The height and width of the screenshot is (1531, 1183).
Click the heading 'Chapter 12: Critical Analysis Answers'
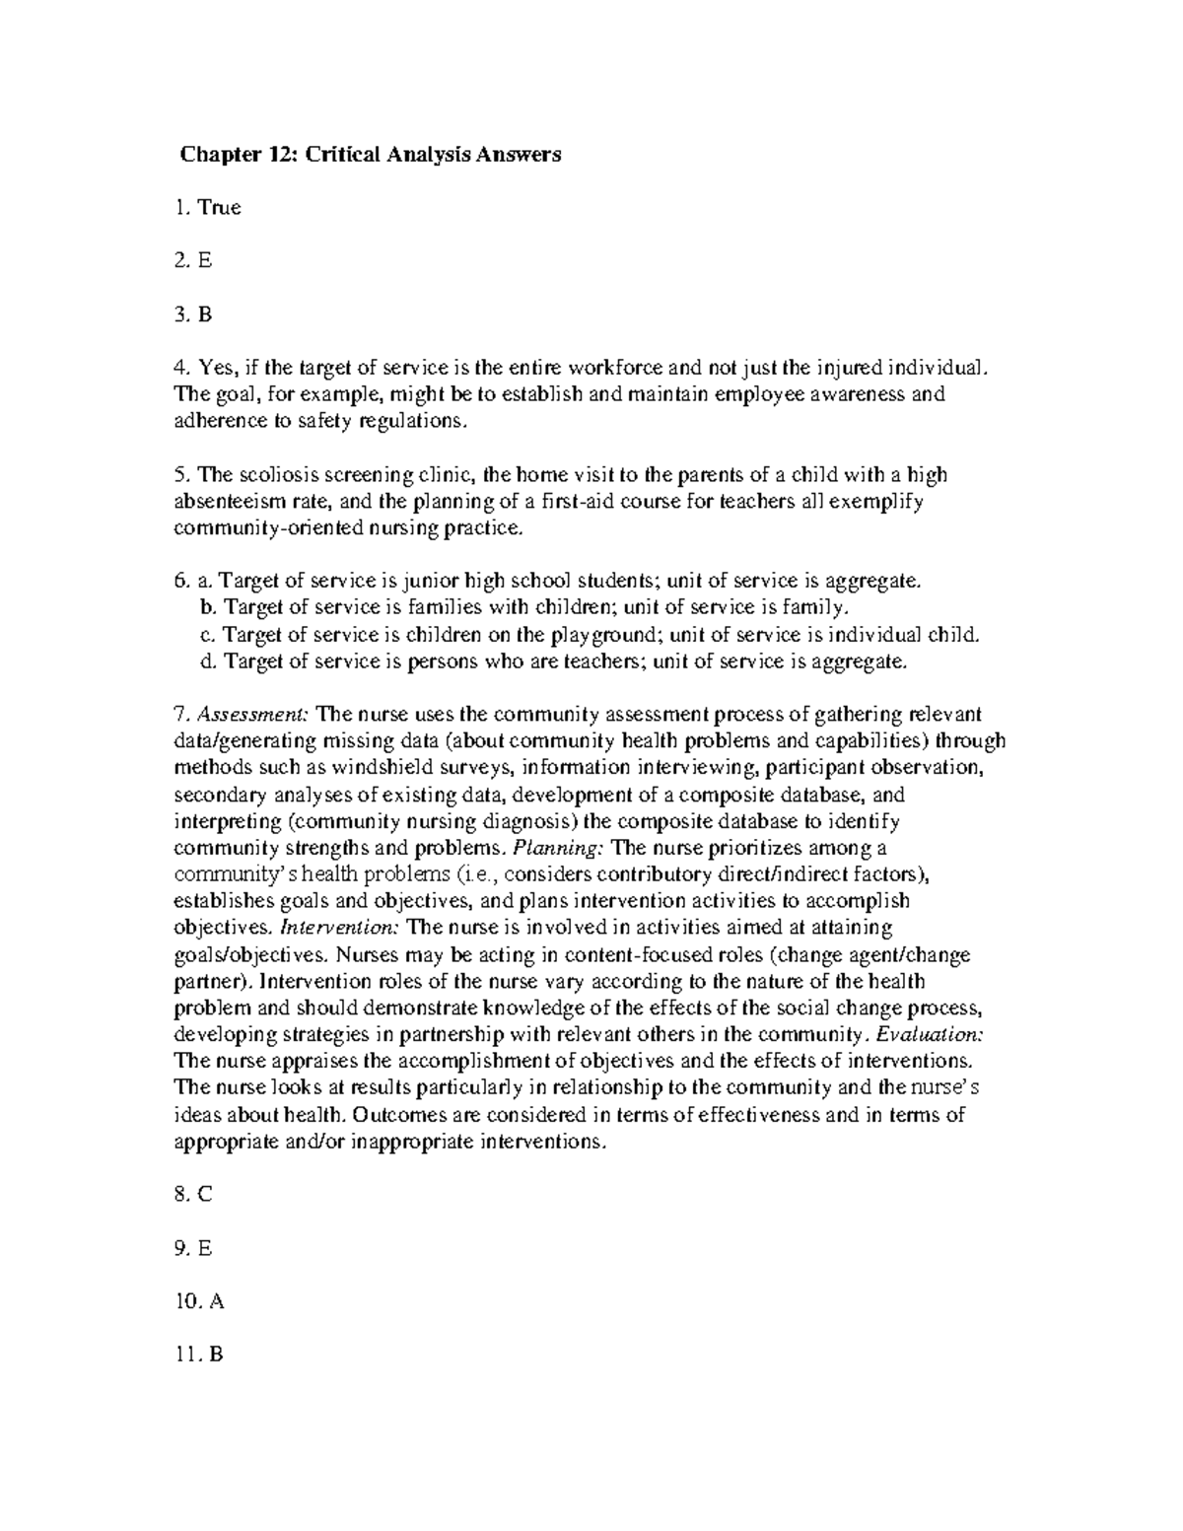point(370,155)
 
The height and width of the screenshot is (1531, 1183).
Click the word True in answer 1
point(219,208)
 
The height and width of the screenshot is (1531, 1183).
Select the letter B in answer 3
point(205,314)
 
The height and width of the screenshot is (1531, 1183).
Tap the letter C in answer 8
point(205,1195)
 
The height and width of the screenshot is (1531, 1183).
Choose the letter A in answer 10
point(217,1301)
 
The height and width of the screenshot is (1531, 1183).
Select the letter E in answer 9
point(205,1248)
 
